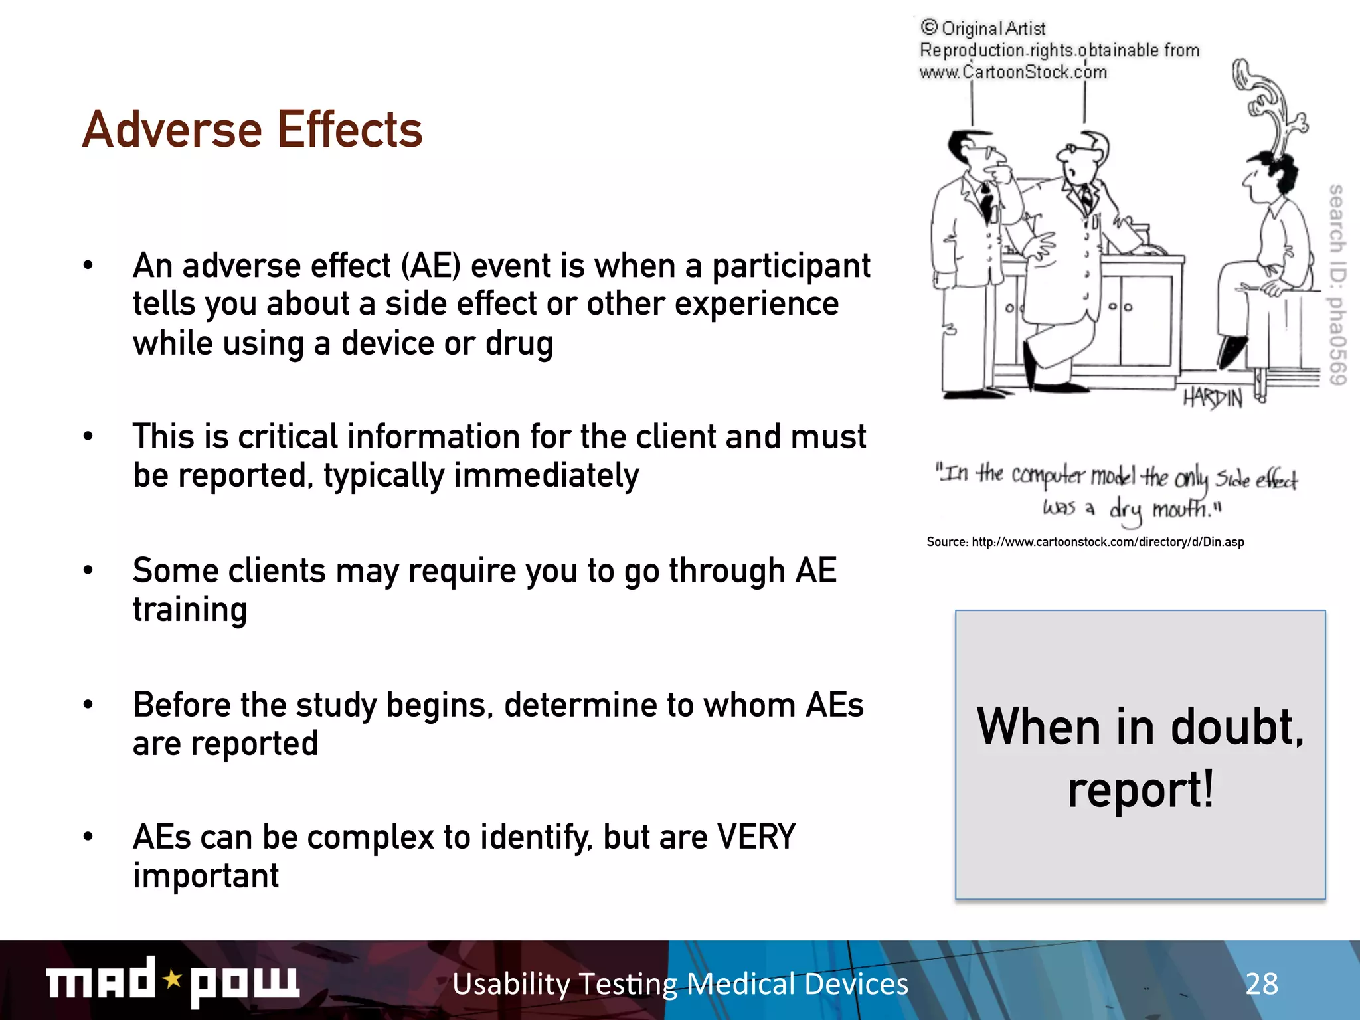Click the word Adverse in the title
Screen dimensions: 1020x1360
point(172,129)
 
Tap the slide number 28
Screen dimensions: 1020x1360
point(1261,983)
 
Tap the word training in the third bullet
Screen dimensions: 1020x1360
point(190,610)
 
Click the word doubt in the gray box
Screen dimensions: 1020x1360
point(1234,728)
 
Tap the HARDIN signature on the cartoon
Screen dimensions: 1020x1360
point(1213,398)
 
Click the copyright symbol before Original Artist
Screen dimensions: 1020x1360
point(928,27)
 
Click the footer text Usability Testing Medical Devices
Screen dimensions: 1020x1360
point(680,983)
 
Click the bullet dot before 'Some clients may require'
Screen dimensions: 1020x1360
point(88,570)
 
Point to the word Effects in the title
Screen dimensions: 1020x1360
point(349,129)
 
